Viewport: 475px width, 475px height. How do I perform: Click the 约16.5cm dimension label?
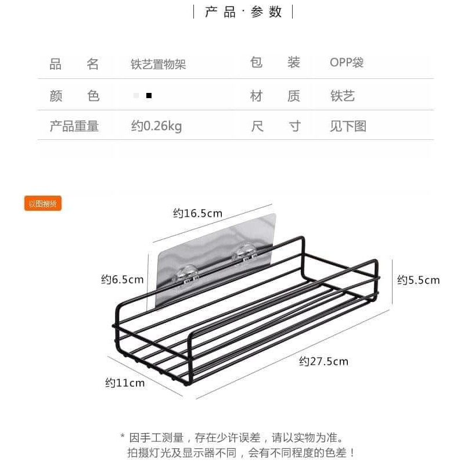click(197, 213)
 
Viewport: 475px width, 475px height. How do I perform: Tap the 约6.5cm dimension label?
click(122, 280)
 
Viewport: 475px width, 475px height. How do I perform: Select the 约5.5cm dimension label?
click(418, 280)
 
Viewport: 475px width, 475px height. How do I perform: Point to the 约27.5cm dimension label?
click(323, 361)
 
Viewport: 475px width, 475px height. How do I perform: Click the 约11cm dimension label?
click(125, 383)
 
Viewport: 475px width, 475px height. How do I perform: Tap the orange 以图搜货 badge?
click(43, 203)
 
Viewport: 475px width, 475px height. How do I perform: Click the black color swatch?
click(149, 95)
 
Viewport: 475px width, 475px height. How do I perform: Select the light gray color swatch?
click(136, 95)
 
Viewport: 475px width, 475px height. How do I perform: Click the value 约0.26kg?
click(156, 126)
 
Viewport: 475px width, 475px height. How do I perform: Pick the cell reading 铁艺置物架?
click(158, 64)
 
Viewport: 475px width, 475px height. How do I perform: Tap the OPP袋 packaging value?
click(347, 63)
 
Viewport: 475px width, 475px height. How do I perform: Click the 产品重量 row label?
click(74, 126)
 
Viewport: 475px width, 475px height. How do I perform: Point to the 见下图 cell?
click(348, 126)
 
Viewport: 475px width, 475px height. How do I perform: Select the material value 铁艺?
click(342, 96)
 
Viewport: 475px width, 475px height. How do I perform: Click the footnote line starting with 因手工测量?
click(236, 437)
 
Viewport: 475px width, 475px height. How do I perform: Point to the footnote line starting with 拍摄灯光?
click(241, 453)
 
